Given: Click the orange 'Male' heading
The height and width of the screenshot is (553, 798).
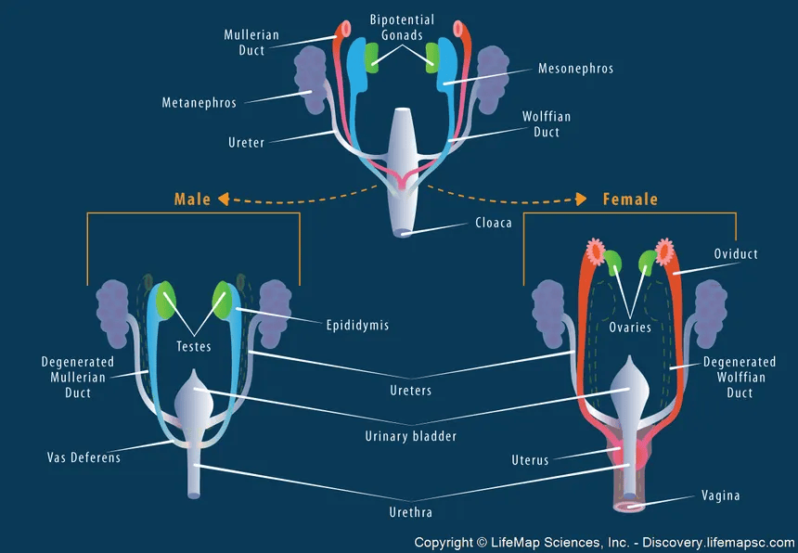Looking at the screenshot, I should pyautogui.click(x=192, y=199).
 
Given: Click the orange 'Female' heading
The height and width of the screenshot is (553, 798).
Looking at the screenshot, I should pyautogui.click(x=630, y=199).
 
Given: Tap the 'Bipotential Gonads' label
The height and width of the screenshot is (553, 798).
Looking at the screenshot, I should pyautogui.click(x=402, y=27).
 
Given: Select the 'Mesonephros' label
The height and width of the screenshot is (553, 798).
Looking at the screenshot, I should pyautogui.click(x=575, y=69).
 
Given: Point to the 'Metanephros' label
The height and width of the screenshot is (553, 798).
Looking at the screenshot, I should pyautogui.click(x=198, y=103).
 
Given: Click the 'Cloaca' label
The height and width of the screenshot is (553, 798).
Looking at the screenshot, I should pyautogui.click(x=494, y=224).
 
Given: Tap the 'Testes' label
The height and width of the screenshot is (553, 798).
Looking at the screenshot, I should pyautogui.click(x=195, y=347).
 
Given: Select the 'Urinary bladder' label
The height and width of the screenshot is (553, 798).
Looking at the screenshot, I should pyautogui.click(x=409, y=436).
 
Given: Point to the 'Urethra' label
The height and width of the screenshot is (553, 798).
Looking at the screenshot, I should pyautogui.click(x=409, y=511).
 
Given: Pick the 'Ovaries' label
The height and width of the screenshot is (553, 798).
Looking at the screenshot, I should pyautogui.click(x=630, y=328).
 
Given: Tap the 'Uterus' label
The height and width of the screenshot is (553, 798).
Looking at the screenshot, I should pyautogui.click(x=530, y=460).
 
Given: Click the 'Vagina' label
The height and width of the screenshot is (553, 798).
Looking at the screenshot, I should pyautogui.click(x=721, y=495).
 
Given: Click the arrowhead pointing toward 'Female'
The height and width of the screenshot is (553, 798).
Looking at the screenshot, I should pyautogui.click(x=582, y=199).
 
